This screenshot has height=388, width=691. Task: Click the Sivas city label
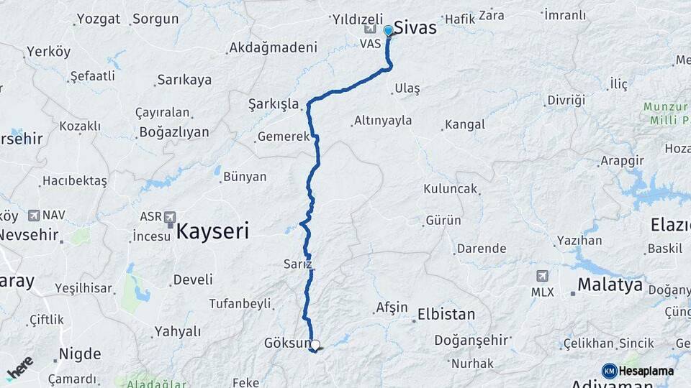click(x=415, y=28)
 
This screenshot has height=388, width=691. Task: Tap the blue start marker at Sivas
click(x=389, y=31)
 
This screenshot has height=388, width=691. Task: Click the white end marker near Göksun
click(x=315, y=345)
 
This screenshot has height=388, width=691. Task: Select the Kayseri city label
click(x=212, y=231)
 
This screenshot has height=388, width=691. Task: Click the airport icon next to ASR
click(x=169, y=216)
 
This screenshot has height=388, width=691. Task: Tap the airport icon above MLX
click(x=542, y=276)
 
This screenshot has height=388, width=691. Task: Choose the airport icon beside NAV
click(x=33, y=215)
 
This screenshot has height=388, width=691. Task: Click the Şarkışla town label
click(x=274, y=104)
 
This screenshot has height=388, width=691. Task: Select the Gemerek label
click(x=283, y=137)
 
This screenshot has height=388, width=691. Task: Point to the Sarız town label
click(x=298, y=264)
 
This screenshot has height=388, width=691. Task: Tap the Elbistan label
click(x=446, y=315)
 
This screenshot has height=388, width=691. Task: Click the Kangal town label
click(x=464, y=125)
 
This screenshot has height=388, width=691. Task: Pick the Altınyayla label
click(x=383, y=121)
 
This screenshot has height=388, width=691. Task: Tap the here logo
click(x=19, y=368)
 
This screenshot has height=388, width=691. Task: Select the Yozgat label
click(x=99, y=19)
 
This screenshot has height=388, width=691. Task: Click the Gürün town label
click(x=443, y=221)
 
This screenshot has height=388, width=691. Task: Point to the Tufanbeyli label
click(x=240, y=304)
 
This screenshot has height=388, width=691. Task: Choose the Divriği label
click(x=566, y=100)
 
